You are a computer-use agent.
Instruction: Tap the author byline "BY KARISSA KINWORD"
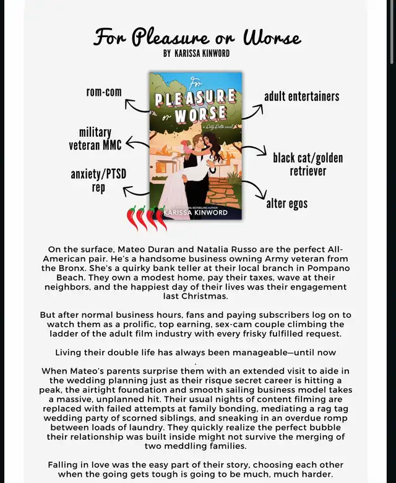(196, 54)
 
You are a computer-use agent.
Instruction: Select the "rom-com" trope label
(104, 92)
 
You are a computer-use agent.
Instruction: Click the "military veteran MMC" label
(95, 139)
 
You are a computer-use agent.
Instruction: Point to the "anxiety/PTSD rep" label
(98, 181)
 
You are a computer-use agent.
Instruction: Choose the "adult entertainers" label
(301, 96)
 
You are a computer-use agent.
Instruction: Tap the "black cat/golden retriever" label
(308, 165)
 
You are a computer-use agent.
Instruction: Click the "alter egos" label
(286, 203)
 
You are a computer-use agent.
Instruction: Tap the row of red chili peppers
(147, 218)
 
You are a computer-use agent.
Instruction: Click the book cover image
(196, 145)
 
